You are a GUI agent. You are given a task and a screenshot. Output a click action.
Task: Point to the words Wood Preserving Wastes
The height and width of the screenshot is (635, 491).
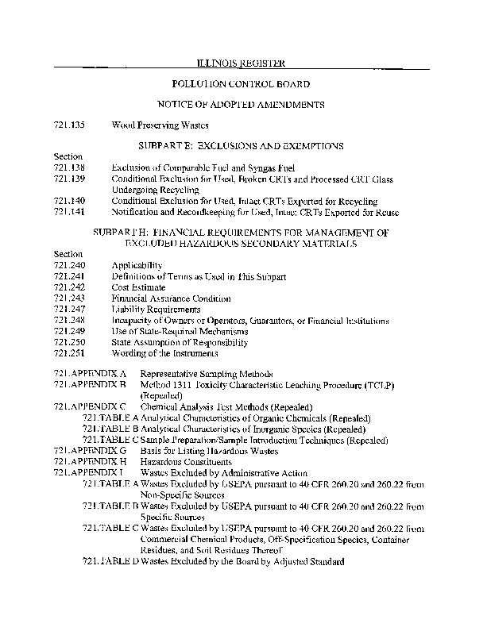160,125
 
